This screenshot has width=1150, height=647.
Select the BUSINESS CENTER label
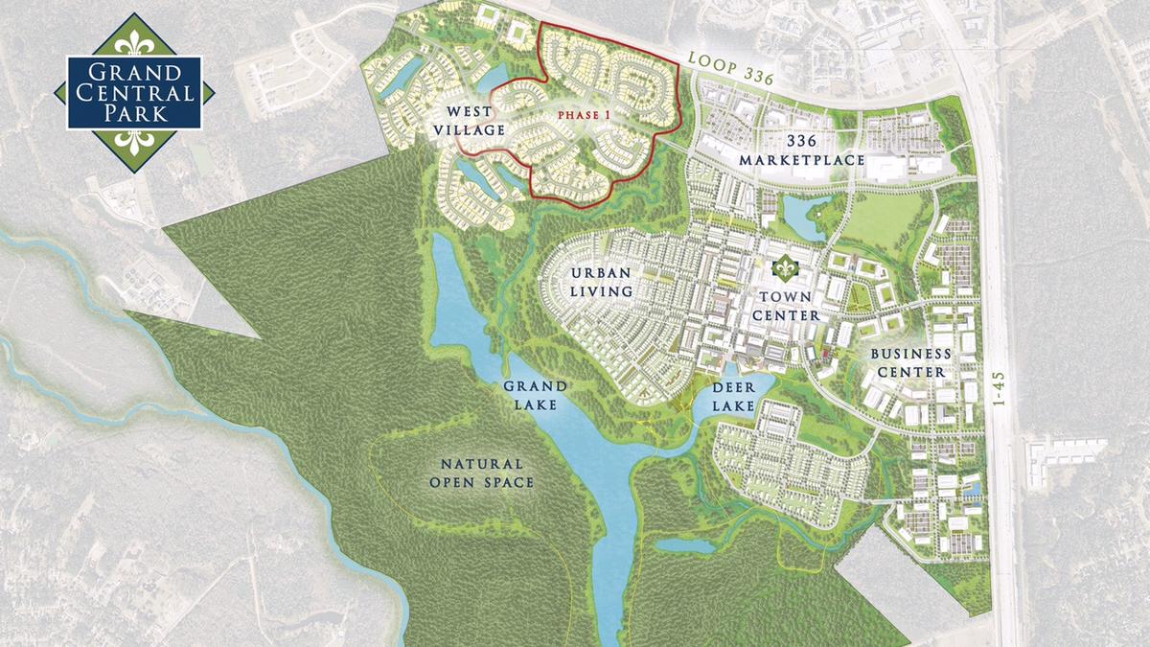[909, 362]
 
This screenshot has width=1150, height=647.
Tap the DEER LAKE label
[734, 396]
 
